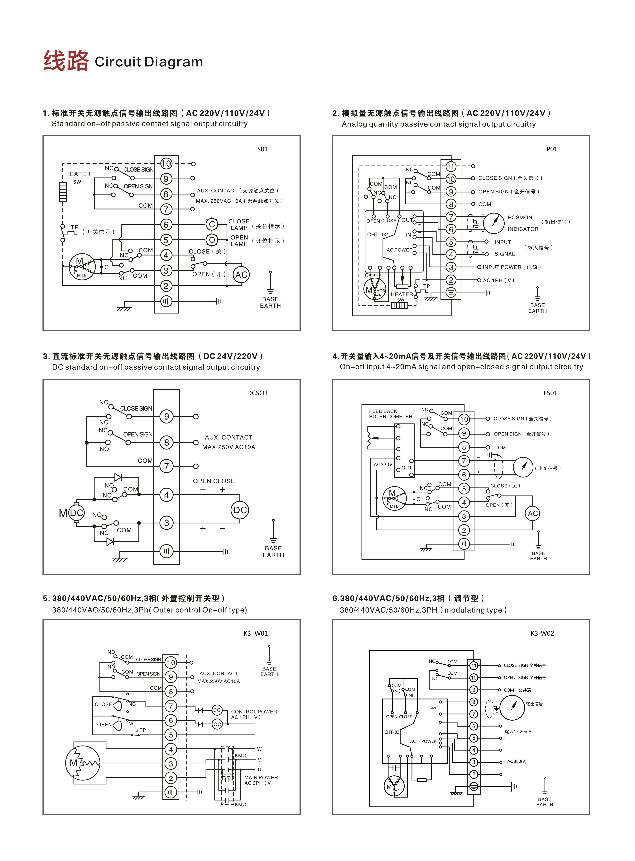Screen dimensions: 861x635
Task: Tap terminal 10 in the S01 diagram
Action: click(x=166, y=164)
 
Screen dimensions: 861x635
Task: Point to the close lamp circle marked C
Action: click(x=212, y=224)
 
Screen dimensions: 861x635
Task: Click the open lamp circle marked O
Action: click(x=212, y=240)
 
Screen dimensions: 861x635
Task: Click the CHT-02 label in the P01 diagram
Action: click(x=378, y=234)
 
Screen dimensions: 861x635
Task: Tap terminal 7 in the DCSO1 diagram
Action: click(x=166, y=466)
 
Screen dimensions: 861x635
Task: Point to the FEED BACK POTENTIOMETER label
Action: click(x=391, y=414)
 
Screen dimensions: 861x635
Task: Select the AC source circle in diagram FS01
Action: click(x=533, y=513)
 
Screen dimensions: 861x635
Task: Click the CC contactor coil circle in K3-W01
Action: click(x=217, y=710)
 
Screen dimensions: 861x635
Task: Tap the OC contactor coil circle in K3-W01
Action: click(x=217, y=724)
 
